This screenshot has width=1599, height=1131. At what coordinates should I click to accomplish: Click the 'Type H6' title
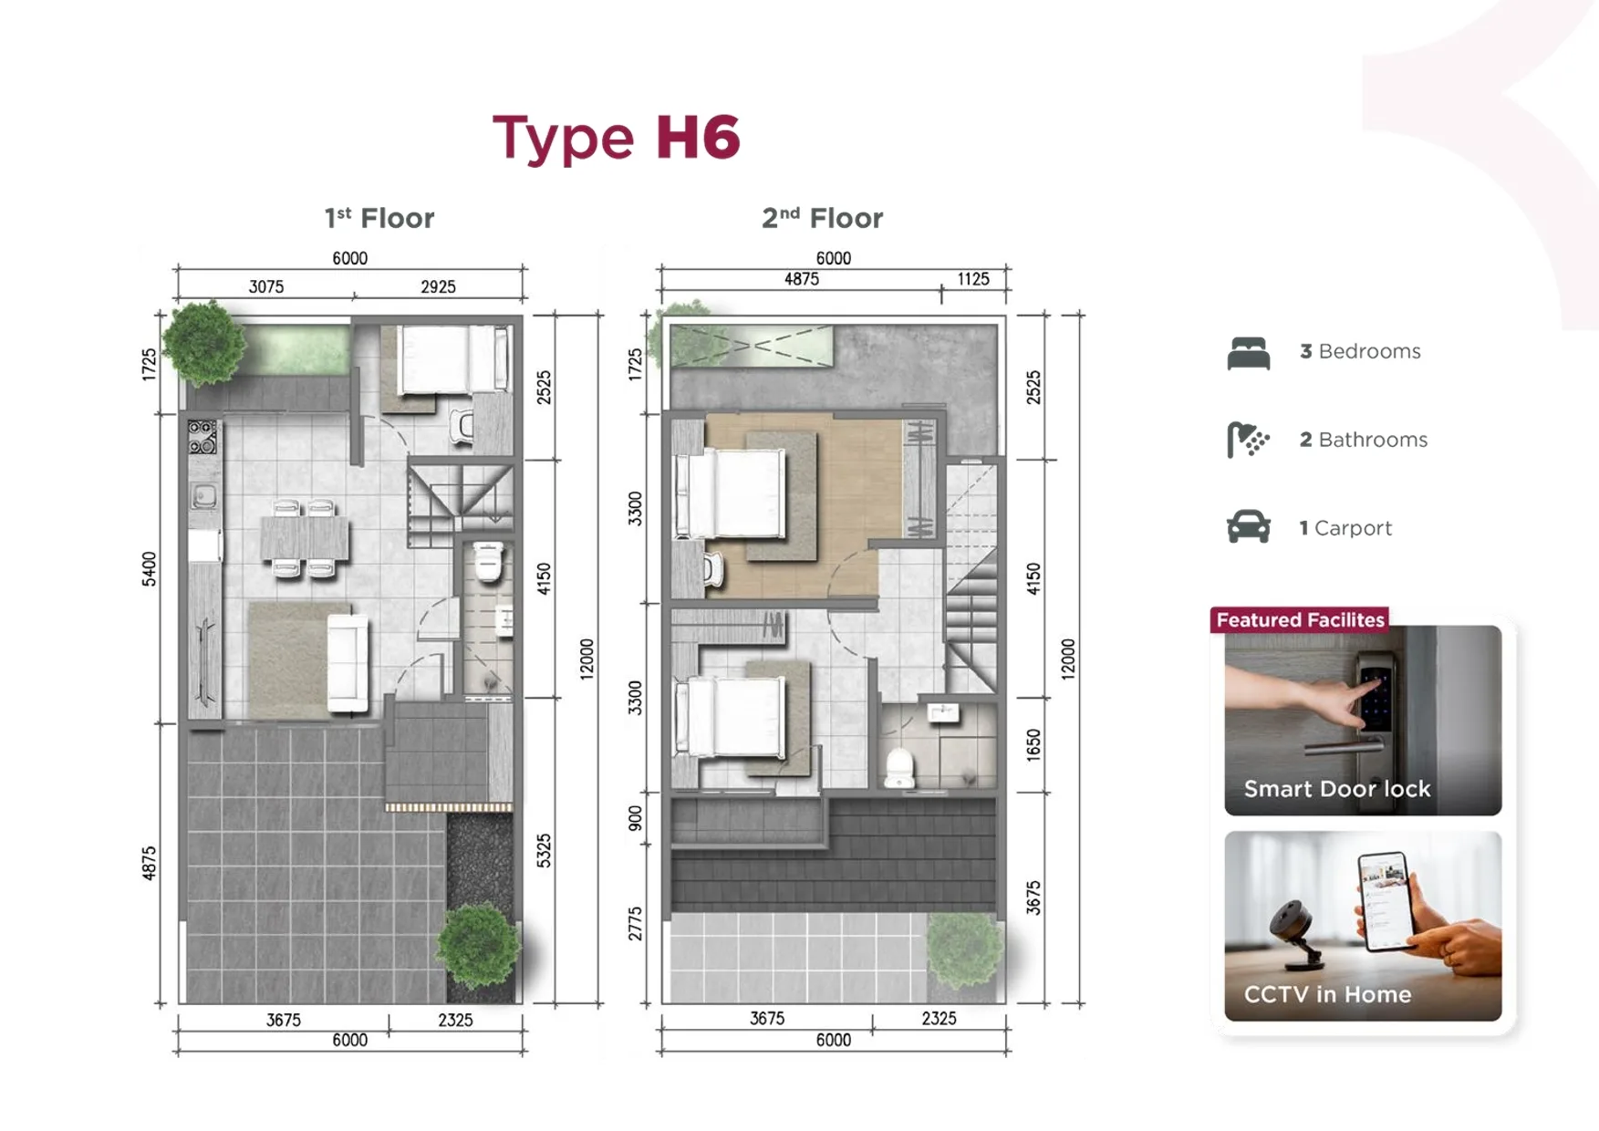pos(616,139)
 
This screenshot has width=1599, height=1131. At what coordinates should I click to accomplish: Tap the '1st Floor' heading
pos(379,218)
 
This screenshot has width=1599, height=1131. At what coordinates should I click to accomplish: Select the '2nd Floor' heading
pos(822,218)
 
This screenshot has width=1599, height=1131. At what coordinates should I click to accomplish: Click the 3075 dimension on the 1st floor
pos(266,286)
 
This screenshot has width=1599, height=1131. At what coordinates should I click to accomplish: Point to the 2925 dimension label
pos(438,286)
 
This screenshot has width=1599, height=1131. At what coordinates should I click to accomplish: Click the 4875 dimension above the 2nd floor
pos(802,279)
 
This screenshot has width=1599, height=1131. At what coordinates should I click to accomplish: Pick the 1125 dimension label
pos(973,279)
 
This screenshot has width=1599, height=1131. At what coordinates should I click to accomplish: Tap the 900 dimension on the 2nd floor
pos(635,818)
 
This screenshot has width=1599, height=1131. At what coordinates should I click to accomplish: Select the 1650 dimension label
pos(1033,744)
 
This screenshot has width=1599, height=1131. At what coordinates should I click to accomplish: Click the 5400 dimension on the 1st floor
pos(149,569)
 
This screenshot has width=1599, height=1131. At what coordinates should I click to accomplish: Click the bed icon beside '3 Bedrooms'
pos(1249,353)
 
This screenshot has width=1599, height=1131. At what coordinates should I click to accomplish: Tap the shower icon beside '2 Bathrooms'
pos(1248,440)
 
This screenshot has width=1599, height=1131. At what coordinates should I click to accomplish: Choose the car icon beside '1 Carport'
pos(1249,526)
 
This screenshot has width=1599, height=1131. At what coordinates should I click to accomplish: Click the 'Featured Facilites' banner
pos(1300,620)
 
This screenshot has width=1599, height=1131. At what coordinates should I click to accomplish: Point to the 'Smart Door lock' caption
pos(1337,789)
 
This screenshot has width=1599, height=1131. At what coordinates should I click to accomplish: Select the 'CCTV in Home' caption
pos(1327,994)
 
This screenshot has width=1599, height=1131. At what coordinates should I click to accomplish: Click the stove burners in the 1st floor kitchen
pos(202,437)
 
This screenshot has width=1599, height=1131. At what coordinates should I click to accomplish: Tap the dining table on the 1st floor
pos(304,538)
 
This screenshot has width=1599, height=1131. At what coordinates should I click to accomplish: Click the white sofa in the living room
pos(348,663)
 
